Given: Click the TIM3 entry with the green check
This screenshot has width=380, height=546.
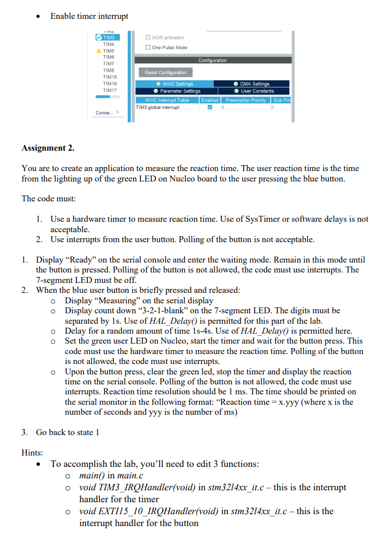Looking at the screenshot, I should pos(108,38).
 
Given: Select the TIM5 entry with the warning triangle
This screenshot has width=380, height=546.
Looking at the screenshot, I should pos(108,51).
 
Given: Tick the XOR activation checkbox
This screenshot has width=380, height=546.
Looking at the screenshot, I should pos(148,38).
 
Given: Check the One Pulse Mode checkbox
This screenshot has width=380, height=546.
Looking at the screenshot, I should pos(148,48).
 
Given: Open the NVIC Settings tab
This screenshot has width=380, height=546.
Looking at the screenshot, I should pos(174,84).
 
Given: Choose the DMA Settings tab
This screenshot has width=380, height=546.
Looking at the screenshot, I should pos(252,84).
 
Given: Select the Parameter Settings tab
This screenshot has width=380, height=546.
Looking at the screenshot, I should pos(177,91).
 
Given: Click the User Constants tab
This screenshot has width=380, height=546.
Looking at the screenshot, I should pos(254,91).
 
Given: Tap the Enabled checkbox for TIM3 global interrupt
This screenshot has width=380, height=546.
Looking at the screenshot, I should pos(209,107).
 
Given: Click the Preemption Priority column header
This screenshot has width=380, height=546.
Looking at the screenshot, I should pos(246,100).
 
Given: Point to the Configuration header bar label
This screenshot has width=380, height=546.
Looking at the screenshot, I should pos(212,60).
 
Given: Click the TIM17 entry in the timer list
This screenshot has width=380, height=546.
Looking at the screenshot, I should pos(109,90).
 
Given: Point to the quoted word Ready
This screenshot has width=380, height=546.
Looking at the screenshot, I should pos(79,260).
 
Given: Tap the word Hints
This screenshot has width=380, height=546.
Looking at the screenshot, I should pos(32,453).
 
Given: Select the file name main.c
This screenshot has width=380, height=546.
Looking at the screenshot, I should pos(130,475).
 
